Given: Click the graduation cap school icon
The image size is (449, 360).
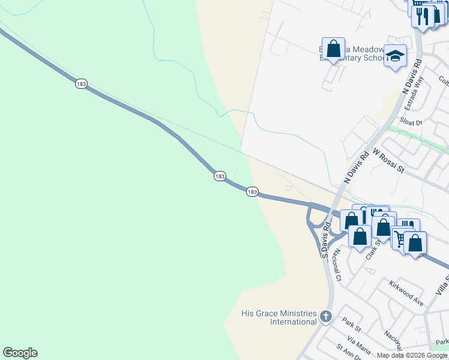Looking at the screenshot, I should click(x=395, y=56).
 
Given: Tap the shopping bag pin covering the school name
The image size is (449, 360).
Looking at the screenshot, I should click(x=333, y=49).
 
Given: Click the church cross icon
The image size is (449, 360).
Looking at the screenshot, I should click(x=325, y=316).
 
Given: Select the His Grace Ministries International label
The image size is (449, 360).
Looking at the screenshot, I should click(x=279, y=317).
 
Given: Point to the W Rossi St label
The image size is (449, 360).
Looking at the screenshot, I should click(x=388, y=161).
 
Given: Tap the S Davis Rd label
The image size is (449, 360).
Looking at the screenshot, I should click(x=327, y=240).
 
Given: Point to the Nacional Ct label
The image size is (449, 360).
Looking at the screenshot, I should click(x=337, y=266).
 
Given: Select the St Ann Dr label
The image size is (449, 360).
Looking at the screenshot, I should click(x=348, y=353).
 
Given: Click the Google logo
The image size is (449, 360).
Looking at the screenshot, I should click(x=20, y=353).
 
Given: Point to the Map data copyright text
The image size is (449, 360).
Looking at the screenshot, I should click(x=412, y=355).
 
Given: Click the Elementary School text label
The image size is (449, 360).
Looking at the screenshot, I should click(x=354, y=58).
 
